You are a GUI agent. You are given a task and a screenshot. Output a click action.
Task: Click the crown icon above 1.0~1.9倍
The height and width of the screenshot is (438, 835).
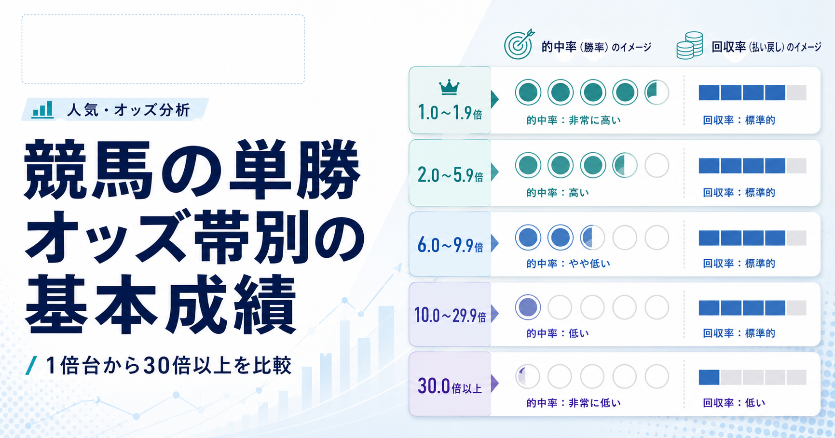tap(449, 88)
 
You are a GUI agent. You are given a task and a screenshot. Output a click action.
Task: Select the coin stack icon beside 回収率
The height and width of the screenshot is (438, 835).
tap(689, 45)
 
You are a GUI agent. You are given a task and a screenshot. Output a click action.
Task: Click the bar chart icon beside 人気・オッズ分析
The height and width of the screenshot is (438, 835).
tap(42, 110)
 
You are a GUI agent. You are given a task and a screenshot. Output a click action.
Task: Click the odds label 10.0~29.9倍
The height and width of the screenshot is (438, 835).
tap(450, 315)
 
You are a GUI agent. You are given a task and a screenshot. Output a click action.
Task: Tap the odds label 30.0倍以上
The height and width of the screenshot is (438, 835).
tap(450, 386)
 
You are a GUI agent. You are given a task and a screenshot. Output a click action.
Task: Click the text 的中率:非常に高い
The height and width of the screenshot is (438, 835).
tap(574, 120)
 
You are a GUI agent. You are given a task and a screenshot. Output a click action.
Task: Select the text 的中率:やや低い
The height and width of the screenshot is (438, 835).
tap(568, 264)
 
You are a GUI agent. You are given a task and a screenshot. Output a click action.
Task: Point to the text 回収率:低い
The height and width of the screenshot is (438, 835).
tap(734, 403)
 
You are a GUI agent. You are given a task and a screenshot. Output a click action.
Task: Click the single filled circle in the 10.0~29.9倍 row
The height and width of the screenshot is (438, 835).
tap(528, 307)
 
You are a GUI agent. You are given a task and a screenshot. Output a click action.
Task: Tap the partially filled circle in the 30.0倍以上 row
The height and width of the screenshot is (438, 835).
tap(528, 376)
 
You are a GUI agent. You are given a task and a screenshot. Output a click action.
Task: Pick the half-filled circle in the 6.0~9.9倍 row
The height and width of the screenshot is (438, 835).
tap(592, 237)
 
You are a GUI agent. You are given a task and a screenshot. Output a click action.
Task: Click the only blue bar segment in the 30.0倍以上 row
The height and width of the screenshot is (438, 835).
tap(709, 377)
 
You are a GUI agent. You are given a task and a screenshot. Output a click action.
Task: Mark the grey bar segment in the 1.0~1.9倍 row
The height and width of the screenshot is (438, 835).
tap(796, 93)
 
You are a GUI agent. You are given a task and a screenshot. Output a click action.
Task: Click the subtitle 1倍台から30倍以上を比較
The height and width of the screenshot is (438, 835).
tap(168, 365)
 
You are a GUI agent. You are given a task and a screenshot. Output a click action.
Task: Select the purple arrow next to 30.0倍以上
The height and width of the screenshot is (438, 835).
tap(494, 384)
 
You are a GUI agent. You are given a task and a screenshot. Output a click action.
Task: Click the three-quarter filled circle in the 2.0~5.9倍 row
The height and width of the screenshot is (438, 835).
tap(625, 165)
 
